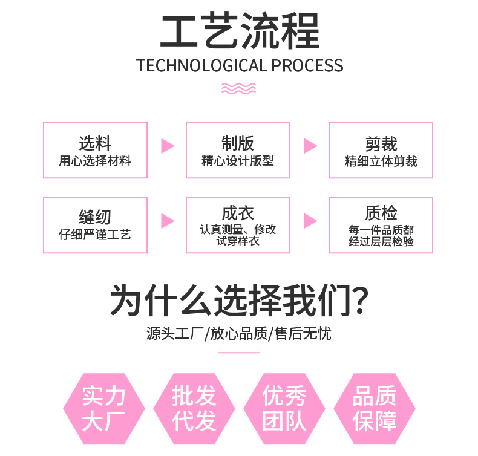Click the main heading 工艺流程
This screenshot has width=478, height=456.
239,31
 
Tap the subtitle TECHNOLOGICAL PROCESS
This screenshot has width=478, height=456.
240,65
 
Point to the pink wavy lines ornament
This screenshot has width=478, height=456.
239,88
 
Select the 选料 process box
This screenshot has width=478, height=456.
95,150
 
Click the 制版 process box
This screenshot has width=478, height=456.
238,150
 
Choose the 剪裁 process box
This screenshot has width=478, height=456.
381,150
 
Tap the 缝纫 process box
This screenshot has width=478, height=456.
95,225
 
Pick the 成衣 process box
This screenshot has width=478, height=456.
238,225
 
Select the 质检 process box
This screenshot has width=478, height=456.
381,225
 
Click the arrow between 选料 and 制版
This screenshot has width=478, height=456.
167,146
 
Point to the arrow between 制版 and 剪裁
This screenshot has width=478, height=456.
310,146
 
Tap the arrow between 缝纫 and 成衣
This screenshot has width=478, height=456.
167,221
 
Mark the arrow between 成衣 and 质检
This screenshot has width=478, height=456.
310,221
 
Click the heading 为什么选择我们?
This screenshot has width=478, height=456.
239,301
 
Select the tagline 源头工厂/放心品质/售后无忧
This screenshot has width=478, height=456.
239,333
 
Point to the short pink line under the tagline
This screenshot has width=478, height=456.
239,352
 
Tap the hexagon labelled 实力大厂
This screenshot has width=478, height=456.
103,409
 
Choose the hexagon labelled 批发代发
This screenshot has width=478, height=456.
194,409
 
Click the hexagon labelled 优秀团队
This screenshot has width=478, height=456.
284,409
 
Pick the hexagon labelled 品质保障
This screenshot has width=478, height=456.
375,409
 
